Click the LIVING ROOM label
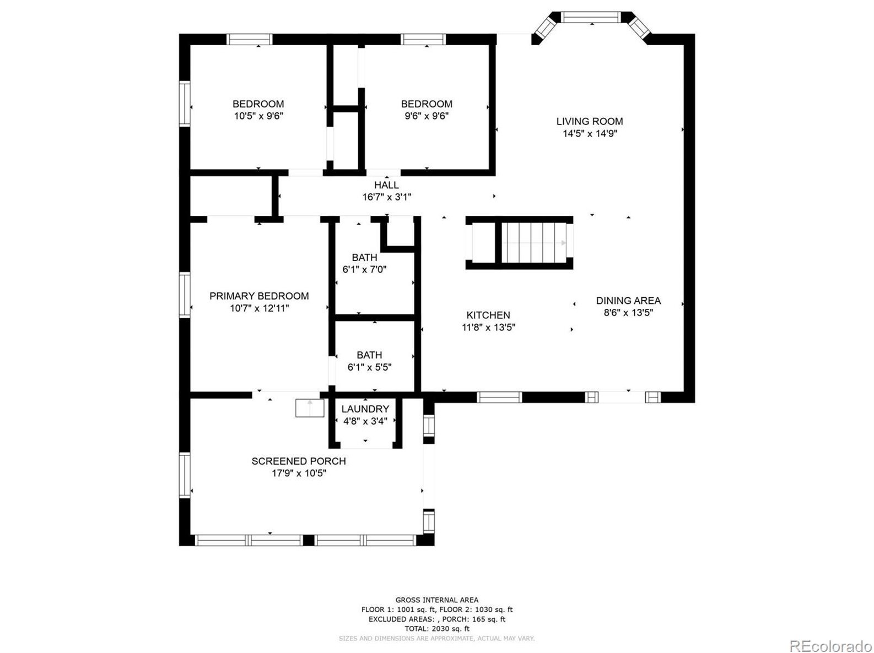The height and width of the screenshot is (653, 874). click(x=589, y=121)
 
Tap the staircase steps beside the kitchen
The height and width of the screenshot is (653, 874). click(x=533, y=243)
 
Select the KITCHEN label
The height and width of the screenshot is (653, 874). click(x=488, y=315)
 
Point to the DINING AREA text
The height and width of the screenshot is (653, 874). click(x=628, y=301)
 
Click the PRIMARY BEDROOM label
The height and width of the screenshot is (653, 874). click(x=259, y=296)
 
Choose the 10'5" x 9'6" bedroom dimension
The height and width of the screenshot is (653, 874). click(x=258, y=116)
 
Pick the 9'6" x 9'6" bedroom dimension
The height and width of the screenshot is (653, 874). click(x=427, y=116)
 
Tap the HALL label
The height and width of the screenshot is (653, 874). click(x=386, y=185)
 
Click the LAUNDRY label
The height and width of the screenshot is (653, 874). click(x=365, y=409)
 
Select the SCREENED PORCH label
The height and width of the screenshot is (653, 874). click(x=299, y=461)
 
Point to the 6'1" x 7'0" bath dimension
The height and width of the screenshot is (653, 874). click(x=364, y=270)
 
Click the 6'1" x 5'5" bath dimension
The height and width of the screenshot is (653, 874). click(x=370, y=367)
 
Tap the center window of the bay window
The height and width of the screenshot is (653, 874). click(x=591, y=18)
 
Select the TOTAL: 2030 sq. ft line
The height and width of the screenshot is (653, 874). click(x=437, y=629)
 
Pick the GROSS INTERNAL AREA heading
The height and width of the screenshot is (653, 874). click(x=437, y=600)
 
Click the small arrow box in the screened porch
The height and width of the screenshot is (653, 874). click(x=310, y=408)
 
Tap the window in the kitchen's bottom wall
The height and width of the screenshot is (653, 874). click(x=499, y=398)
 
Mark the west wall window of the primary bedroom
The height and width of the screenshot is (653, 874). click(x=185, y=295)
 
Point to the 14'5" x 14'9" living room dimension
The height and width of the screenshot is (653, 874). click(x=589, y=134)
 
